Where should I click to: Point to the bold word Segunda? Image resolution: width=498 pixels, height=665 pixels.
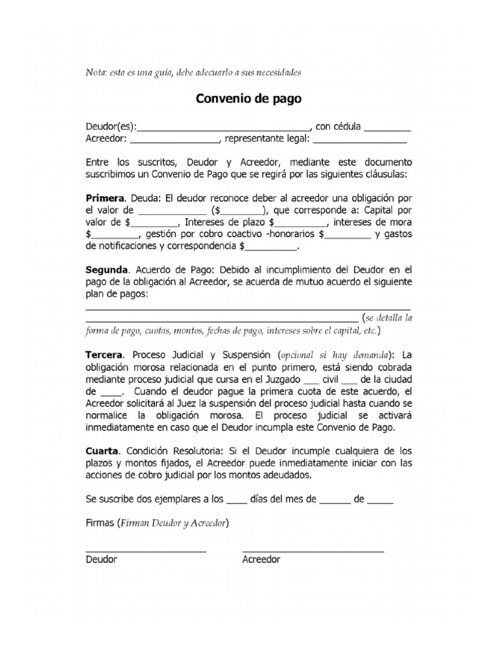coord(106,269)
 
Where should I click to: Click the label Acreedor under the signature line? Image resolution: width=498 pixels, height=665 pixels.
coord(261,560)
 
